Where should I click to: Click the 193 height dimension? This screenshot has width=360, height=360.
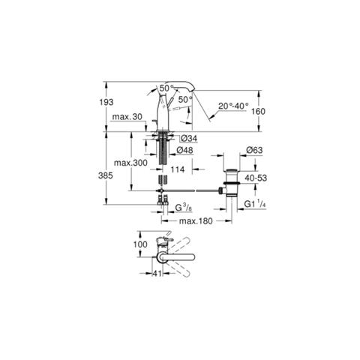(x=106, y=102)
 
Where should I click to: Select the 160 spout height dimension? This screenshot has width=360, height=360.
(x=258, y=111)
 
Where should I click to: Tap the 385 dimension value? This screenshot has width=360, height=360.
(x=106, y=175)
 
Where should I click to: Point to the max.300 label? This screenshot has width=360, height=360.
(x=130, y=163)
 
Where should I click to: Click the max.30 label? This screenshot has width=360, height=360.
(x=127, y=117)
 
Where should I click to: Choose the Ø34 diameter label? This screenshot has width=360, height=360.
(x=189, y=138)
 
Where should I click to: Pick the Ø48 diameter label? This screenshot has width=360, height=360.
(x=184, y=150)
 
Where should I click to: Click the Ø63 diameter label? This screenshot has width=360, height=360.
(x=254, y=150)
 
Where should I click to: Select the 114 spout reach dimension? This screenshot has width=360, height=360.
(x=178, y=169)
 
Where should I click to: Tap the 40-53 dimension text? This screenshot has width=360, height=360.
(x=256, y=178)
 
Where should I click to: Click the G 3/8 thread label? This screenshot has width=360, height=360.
(x=184, y=208)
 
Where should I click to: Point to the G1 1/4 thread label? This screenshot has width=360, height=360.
(x=255, y=204)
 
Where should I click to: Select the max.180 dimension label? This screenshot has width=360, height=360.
(x=196, y=221)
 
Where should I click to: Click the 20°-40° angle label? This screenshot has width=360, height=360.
(x=233, y=106)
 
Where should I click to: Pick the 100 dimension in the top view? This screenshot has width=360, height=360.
(x=140, y=244)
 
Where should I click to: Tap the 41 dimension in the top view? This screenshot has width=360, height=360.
(x=157, y=274)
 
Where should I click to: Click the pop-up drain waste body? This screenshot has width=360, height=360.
(x=232, y=183)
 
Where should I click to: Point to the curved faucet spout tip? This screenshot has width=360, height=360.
(x=193, y=90)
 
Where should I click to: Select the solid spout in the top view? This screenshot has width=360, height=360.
(x=175, y=257)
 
